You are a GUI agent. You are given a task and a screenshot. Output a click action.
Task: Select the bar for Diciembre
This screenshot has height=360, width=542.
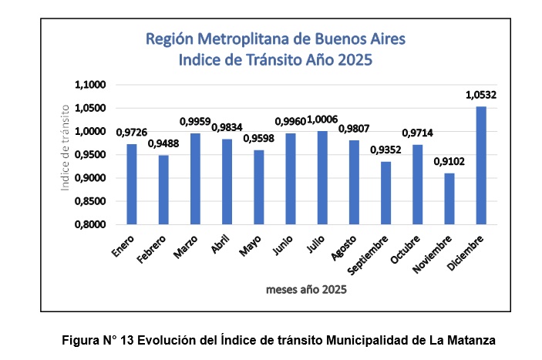coord(481,166)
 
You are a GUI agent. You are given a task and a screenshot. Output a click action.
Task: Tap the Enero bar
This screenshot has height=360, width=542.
coord(132,184)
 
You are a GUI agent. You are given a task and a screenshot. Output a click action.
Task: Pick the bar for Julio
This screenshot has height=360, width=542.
coord(322,178)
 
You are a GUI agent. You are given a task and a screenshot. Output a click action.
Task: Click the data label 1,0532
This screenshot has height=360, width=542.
coord(481,96)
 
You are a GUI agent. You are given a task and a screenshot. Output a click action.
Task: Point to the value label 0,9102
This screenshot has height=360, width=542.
coord(449,162)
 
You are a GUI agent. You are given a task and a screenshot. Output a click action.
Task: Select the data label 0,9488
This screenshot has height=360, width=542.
coord(163,144)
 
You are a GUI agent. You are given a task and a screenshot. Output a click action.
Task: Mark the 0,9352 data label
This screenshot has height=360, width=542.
coord(385,150)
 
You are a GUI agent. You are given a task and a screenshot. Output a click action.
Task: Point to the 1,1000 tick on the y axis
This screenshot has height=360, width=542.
coord(91,85)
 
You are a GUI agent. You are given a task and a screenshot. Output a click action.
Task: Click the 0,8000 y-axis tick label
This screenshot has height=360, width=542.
coord(91,225)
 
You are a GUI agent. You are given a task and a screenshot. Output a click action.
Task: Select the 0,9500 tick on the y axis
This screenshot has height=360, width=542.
coord(91,155)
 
